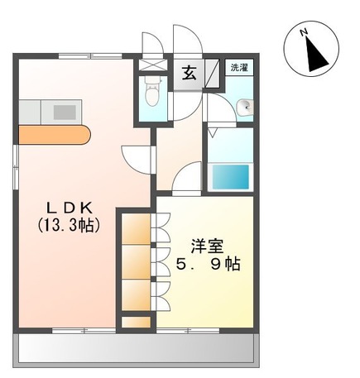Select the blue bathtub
click(x=231, y=176)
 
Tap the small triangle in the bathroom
click(x=214, y=132)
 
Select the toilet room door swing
click(x=150, y=43)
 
